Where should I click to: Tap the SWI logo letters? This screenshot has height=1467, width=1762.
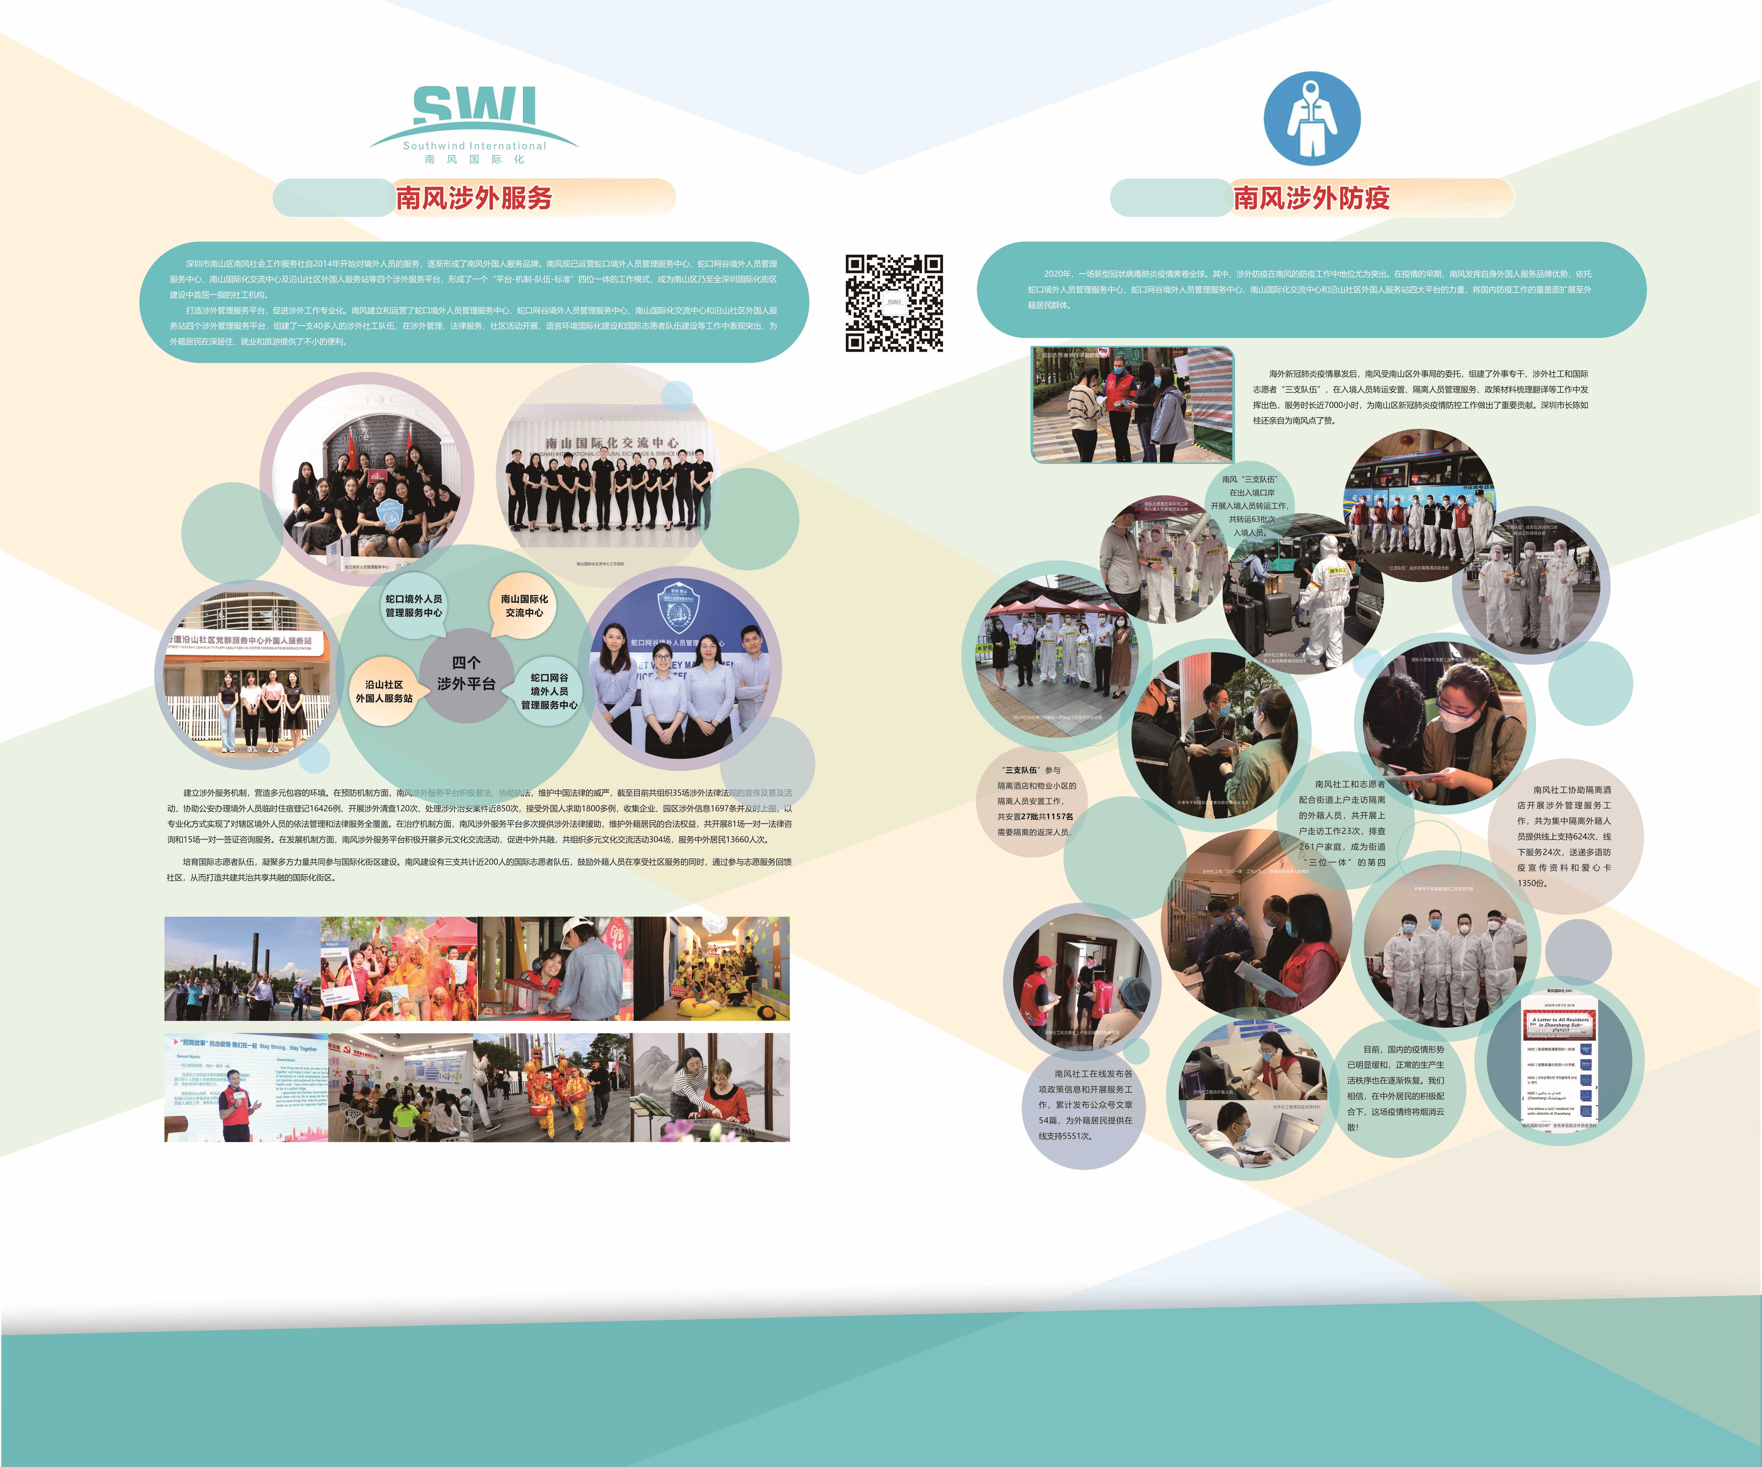tap(474, 107)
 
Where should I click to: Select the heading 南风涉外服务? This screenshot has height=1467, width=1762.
tap(474, 198)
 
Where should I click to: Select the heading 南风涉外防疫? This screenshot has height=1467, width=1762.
tap(1311, 198)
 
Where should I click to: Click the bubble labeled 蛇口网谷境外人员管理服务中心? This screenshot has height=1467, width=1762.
tap(550, 691)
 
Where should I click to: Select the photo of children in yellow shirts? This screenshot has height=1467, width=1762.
tap(712, 969)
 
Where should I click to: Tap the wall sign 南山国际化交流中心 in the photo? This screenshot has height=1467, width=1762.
tap(612, 442)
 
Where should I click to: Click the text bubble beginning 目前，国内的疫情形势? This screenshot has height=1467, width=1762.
tap(1395, 1088)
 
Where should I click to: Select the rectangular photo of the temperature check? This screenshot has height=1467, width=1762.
tap(1132, 404)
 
